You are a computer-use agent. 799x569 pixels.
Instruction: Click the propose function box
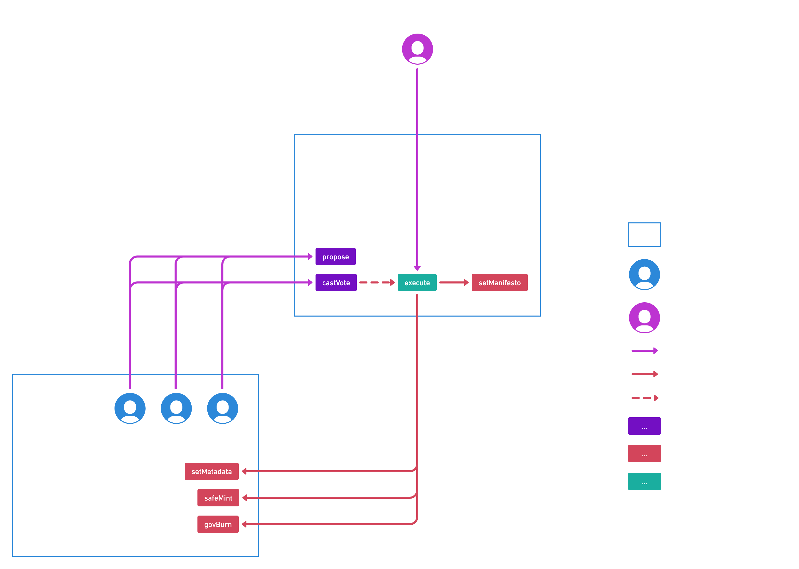(x=335, y=257)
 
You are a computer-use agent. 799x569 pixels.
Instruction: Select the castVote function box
(x=336, y=283)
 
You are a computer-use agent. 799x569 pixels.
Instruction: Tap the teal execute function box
(x=417, y=283)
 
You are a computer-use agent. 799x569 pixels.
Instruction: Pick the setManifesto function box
(x=499, y=283)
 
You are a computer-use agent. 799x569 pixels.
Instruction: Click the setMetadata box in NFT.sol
(x=211, y=472)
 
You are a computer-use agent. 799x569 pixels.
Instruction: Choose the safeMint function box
(x=218, y=498)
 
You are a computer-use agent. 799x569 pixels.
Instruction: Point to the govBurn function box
(x=218, y=524)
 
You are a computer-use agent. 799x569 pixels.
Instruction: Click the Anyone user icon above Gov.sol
(x=417, y=49)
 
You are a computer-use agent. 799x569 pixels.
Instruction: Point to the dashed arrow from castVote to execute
(x=377, y=283)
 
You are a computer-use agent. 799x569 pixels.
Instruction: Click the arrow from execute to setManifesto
(x=454, y=283)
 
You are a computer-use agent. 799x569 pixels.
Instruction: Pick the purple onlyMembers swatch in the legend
(x=644, y=426)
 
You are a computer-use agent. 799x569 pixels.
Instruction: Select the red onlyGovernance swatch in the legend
(x=644, y=454)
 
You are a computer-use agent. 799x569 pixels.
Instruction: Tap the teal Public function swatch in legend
(x=644, y=481)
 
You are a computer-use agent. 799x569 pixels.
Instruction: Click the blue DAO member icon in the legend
(x=644, y=274)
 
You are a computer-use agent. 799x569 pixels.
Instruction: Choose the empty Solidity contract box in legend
(x=644, y=235)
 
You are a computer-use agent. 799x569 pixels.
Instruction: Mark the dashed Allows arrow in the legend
(x=645, y=398)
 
